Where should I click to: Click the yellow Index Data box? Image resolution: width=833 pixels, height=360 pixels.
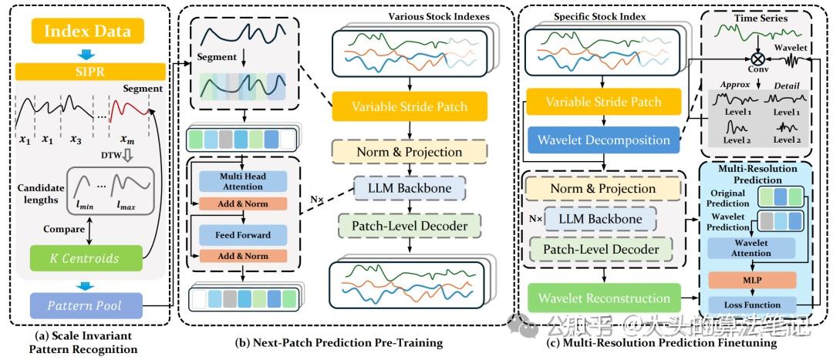[x=87, y=32]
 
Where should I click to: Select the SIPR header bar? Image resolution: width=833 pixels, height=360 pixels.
[x=87, y=71]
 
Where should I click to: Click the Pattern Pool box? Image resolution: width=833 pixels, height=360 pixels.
[x=86, y=305]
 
